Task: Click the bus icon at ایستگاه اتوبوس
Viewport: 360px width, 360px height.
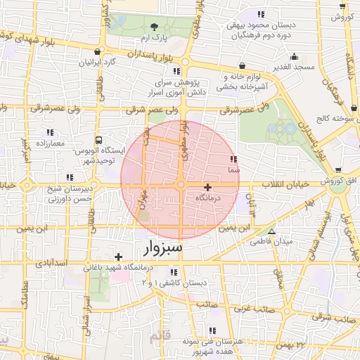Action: click(x=98, y=140)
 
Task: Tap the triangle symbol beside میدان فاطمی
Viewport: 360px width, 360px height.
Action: click(x=272, y=231)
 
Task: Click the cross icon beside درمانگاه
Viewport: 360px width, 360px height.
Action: click(x=207, y=187)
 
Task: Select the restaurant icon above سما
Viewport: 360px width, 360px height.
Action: click(x=233, y=160)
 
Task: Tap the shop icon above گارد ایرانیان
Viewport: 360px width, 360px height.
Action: click(x=98, y=51)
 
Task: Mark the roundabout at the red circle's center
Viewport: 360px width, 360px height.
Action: click(x=181, y=185)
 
